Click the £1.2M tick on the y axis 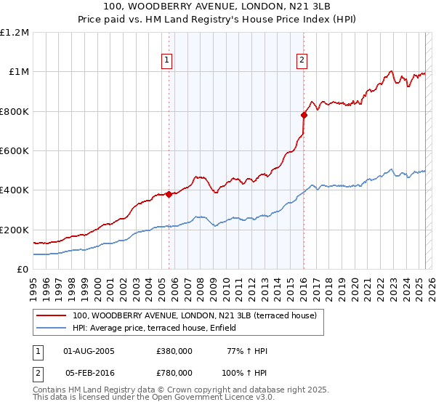[15, 33]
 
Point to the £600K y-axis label [15, 151]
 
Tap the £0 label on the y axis [23, 270]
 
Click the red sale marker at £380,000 [169, 194]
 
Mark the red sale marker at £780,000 [304, 114]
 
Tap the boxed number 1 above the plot [168, 60]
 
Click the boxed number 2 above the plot [301, 60]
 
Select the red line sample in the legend [52, 316]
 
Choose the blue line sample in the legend [52, 329]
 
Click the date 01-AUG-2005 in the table [89, 351]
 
